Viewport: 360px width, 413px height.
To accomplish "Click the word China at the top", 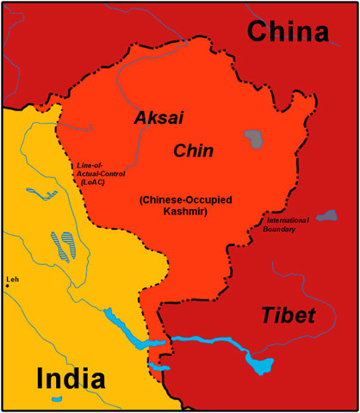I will click(x=289, y=32).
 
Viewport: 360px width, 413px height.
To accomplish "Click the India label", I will click(x=71, y=378).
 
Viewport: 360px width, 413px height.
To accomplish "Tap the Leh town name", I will click(x=11, y=280).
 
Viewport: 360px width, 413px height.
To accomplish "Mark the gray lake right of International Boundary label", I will click(x=326, y=215).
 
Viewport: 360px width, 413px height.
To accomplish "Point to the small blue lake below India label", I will click(x=56, y=400).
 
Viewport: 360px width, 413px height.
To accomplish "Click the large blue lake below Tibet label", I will click(x=258, y=363).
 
